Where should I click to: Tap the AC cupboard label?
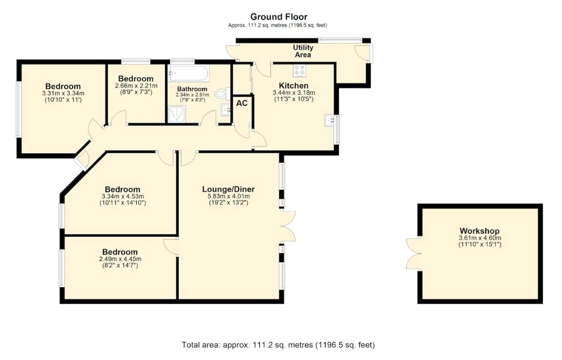click(242, 104)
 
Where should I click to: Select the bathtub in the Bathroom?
click(188, 75)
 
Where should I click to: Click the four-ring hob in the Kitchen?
click(299, 71)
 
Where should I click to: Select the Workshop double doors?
click(413, 254)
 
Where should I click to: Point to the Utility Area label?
click(303, 51)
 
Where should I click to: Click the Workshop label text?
click(479, 231)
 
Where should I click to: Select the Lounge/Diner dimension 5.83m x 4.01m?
click(229, 196)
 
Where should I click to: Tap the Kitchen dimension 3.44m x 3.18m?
click(293, 93)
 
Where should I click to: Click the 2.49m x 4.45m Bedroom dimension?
click(120, 259)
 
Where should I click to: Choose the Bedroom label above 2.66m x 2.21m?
click(135, 79)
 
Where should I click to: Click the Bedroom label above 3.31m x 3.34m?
click(63, 86)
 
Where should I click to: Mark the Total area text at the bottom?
click(278, 345)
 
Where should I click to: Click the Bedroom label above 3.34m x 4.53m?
click(123, 189)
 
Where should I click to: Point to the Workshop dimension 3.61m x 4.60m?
click(479, 238)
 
